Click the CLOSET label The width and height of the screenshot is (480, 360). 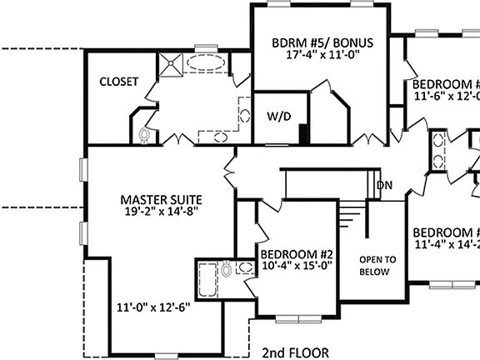pos(118,82)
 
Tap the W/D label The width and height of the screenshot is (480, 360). pos(278,117)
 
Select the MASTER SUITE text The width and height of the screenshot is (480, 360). pos(161,199)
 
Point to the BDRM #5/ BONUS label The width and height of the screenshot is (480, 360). pos(322,42)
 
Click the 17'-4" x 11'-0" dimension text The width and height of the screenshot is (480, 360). pos(322,55)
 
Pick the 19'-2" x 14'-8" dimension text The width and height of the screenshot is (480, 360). pos(161,212)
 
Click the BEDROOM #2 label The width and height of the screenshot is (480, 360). pos(297,255)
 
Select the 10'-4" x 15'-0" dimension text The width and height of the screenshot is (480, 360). pos(297,267)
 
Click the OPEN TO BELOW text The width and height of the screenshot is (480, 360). pos(377,265)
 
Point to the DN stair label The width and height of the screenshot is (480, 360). pos(384,185)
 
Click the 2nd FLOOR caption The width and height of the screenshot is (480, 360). pos(294,352)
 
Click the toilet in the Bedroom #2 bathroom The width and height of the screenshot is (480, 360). pos(227,268)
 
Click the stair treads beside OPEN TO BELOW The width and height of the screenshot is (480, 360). pos(352,220)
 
